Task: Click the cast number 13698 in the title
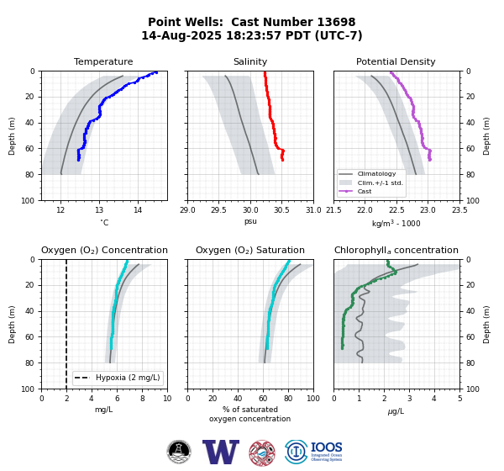pos(336,22)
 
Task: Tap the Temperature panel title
pos(103,61)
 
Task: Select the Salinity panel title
pos(250,61)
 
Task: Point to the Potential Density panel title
pos(396,61)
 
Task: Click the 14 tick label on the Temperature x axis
pos(138,210)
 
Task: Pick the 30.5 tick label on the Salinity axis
pos(281,210)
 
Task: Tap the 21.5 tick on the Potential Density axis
pos(334,210)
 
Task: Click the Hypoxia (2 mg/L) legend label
pos(128,378)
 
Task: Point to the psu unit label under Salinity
pos(250,221)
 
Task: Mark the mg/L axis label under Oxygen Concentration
pos(104,410)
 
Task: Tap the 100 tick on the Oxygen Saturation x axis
pos(313,399)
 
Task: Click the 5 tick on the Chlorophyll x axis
pos(460,399)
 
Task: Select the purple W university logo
pos(221,452)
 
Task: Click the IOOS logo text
pos(326,447)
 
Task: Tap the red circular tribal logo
pos(262,453)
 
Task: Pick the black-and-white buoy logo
pos(179,452)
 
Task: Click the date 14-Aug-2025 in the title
pos(181,35)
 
